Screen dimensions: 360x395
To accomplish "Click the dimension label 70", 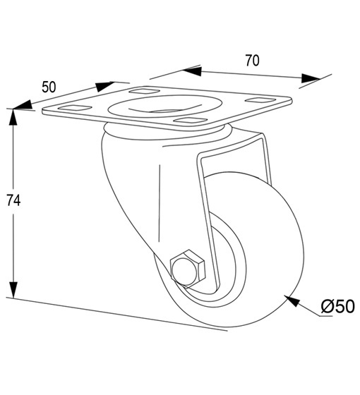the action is (x=253, y=61).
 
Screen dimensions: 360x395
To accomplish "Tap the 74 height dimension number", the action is (x=13, y=200).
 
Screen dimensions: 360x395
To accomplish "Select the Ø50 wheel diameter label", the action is (x=338, y=306).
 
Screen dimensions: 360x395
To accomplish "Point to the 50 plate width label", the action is (x=49, y=87).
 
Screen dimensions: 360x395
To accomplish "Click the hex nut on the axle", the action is (x=188, y=269).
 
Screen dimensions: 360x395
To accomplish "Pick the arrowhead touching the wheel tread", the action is (x=292, y=300).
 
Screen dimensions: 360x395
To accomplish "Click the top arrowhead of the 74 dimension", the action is (x=13, y=117).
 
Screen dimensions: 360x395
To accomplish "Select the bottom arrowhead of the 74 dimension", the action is (x=13, y=290).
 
